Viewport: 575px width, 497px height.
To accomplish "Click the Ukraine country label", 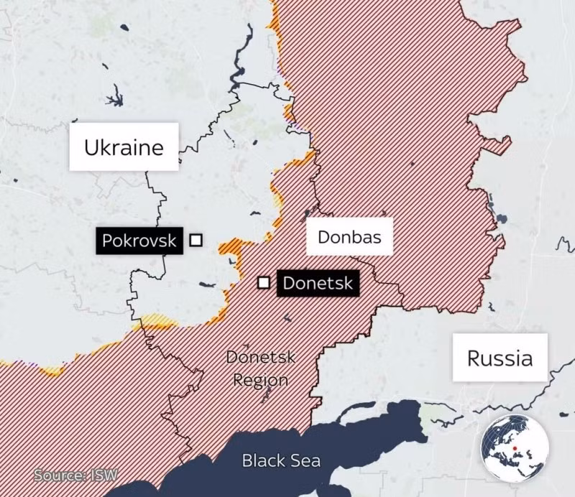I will pyautogui.click(x=124, y=147).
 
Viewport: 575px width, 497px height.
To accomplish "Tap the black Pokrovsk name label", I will pyautogui.click(x=139, y=240).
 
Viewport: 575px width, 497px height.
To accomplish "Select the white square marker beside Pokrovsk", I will pyautogui.click(x=195, y=240).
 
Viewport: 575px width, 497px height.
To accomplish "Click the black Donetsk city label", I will pyautogui.click(x=317, y=283).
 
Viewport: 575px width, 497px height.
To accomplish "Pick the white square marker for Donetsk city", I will pyautogui.click(x=264, y=282).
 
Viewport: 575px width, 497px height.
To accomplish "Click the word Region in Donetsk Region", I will pyautogui.click(x=260, y=380).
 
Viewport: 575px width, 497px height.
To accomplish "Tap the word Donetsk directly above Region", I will pyautogui.click(x=260, y=358).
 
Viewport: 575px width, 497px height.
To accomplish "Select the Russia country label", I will pyautogui.click(x=500, y=358).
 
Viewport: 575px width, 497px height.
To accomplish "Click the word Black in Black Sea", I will pyautogui.click(x=263, y=460).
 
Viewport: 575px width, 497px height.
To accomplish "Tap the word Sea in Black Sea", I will pyautogui.click(x=306, y=460).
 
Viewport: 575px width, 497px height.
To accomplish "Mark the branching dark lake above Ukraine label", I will pyautogui.click(x=114, y=96).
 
